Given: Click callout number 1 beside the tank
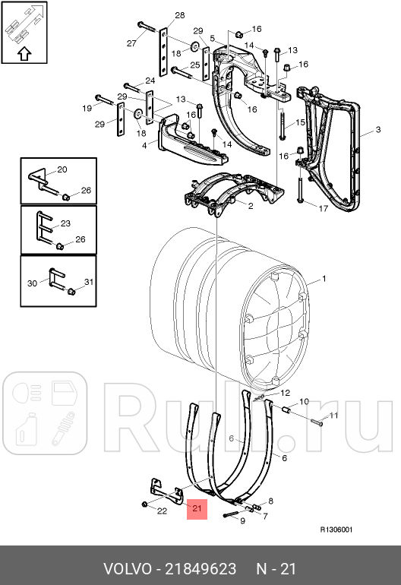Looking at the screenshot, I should coord(324,280).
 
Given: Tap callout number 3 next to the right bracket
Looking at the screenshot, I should coord(377,131).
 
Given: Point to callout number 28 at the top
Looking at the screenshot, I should coord(180,15).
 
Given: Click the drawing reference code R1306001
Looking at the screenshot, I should coord(336,530).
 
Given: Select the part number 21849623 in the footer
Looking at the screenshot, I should coord(202,569).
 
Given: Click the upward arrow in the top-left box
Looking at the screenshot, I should coord(24,53).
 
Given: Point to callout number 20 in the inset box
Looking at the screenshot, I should coord(62,169).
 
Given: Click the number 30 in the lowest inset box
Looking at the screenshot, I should coord(32,283).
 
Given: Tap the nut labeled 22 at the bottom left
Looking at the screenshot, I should coord(144,504).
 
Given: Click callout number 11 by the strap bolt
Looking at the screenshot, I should coord(331,416).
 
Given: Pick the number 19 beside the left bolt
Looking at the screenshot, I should coord(86,109).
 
